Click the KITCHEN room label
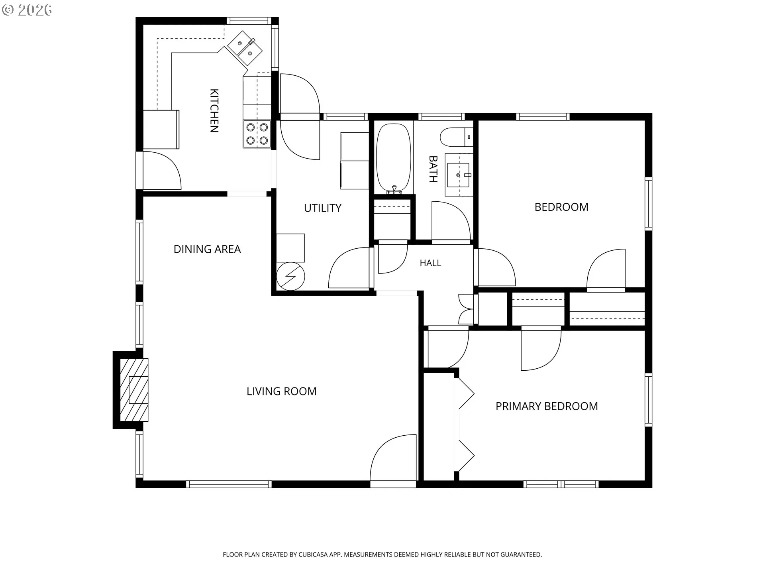pos(214,110)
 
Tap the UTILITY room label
pos(323,208)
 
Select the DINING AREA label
pos(207,249)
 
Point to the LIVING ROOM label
pos(282,391)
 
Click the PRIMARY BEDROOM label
pos(547,406)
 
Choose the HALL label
pos(430,263)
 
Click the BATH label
pos(433,169)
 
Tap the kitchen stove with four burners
pos(257,134)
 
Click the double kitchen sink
pos(245,48)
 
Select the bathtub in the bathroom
pos(393,158)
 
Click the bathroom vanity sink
pos(459,175)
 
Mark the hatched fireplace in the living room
pos(134,390)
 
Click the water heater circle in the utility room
pos(290,276)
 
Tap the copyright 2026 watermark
pos(27,10)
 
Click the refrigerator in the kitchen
pos(161,130)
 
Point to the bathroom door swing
pos(451,221)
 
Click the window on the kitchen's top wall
pos(249,21)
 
